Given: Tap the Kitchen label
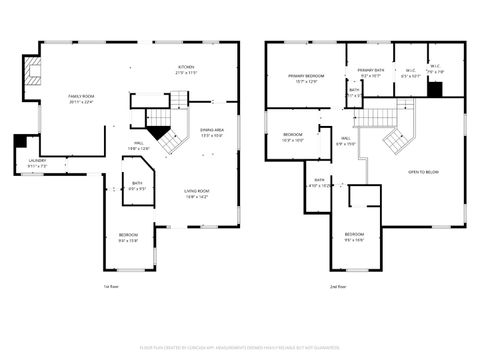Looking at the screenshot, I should coord(186,71).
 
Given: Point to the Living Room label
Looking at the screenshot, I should coord(195,194).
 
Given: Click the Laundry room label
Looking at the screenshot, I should coord(37,163).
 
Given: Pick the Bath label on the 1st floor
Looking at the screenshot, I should coord(137,185).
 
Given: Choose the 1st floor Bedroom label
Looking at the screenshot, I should coord(128,238).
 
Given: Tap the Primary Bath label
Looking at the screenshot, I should coord(371,72).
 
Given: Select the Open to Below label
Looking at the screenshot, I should coord(423,172).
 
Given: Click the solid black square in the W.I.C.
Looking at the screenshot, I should coord(434,88).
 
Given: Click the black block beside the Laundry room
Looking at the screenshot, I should coord(21,142).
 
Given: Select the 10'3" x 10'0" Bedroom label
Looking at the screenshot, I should coord(292,137).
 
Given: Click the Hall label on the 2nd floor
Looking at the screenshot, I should coord(344,141).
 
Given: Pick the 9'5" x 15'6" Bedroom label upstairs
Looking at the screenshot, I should coord(355,237).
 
